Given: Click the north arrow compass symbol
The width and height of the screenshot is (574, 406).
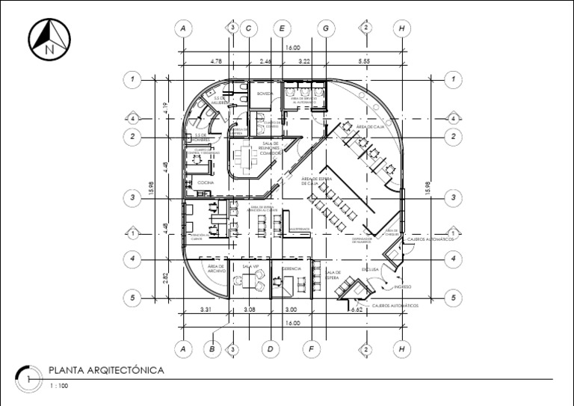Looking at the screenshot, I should point(50,39).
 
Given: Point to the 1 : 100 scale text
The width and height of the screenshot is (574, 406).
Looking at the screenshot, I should point(58,386).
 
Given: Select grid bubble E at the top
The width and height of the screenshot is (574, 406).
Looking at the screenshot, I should point(282,28).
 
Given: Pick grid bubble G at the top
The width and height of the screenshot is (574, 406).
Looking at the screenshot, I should point(326,28).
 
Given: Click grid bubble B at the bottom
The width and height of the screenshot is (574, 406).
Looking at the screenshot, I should point(212,348).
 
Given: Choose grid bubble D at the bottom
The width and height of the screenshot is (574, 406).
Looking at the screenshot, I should point(271,348).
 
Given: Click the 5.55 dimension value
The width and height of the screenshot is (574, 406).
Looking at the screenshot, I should point(364,60).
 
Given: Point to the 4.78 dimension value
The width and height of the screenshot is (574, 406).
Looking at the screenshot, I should point(217,60).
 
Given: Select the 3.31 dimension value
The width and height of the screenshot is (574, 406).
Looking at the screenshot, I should point(207,310).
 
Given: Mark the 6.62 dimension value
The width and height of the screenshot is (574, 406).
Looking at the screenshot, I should point(357,310).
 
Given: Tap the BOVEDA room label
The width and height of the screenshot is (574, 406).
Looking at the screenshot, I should point(265,93).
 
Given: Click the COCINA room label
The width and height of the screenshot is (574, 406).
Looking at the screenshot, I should point(206,182).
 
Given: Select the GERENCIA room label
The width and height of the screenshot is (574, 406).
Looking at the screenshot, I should point(291,268).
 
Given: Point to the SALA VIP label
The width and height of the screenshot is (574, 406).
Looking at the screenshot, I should point(250,265).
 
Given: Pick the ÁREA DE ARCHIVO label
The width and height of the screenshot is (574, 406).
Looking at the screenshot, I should point(217,268).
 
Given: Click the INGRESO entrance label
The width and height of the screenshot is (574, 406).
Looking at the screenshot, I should point(403,286).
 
